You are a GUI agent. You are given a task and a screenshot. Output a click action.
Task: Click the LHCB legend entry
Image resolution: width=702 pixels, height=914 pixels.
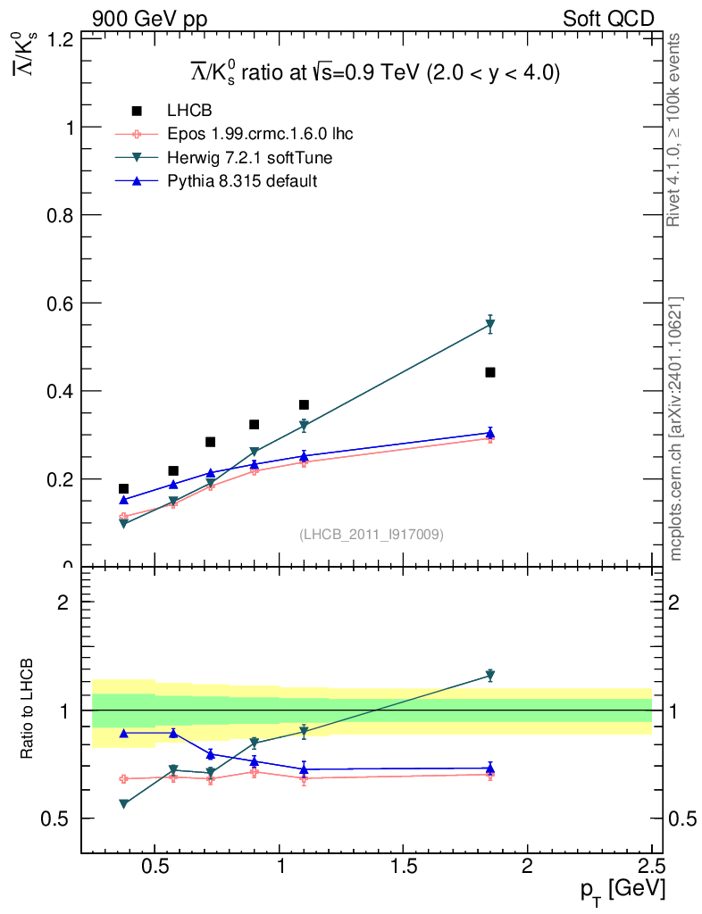(188, 111)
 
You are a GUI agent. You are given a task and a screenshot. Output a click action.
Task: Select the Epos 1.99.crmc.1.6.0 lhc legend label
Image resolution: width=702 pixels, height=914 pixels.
(260, 135)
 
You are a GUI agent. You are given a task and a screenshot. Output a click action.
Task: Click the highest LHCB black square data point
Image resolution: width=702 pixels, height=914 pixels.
(490, 372)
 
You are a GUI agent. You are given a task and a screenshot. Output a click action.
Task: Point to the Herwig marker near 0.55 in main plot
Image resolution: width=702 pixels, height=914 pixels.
(490, 325)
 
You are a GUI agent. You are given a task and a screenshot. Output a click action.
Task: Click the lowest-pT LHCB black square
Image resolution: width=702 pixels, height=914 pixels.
(123, 489)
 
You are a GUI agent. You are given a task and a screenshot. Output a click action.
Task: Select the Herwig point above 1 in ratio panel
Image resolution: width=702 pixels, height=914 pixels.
(490, 675)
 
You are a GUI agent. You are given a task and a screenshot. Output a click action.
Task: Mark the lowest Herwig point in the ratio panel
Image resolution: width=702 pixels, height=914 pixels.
(123, 804)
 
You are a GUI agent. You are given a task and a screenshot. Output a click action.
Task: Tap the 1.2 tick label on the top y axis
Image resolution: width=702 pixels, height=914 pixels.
(60, 39)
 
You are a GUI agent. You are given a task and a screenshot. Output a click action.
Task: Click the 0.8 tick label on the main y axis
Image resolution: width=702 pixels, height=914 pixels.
(60, 215)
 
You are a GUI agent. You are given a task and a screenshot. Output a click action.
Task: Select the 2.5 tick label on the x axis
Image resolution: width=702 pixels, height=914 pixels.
(651, 866)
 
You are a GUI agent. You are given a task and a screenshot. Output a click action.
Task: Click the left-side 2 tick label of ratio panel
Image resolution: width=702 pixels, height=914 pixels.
(63, 602)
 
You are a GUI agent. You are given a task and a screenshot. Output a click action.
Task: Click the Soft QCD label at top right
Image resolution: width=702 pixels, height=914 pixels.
(607, 19)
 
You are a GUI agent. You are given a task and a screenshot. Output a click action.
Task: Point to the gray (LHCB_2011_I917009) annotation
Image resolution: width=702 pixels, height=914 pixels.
(372, 535)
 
